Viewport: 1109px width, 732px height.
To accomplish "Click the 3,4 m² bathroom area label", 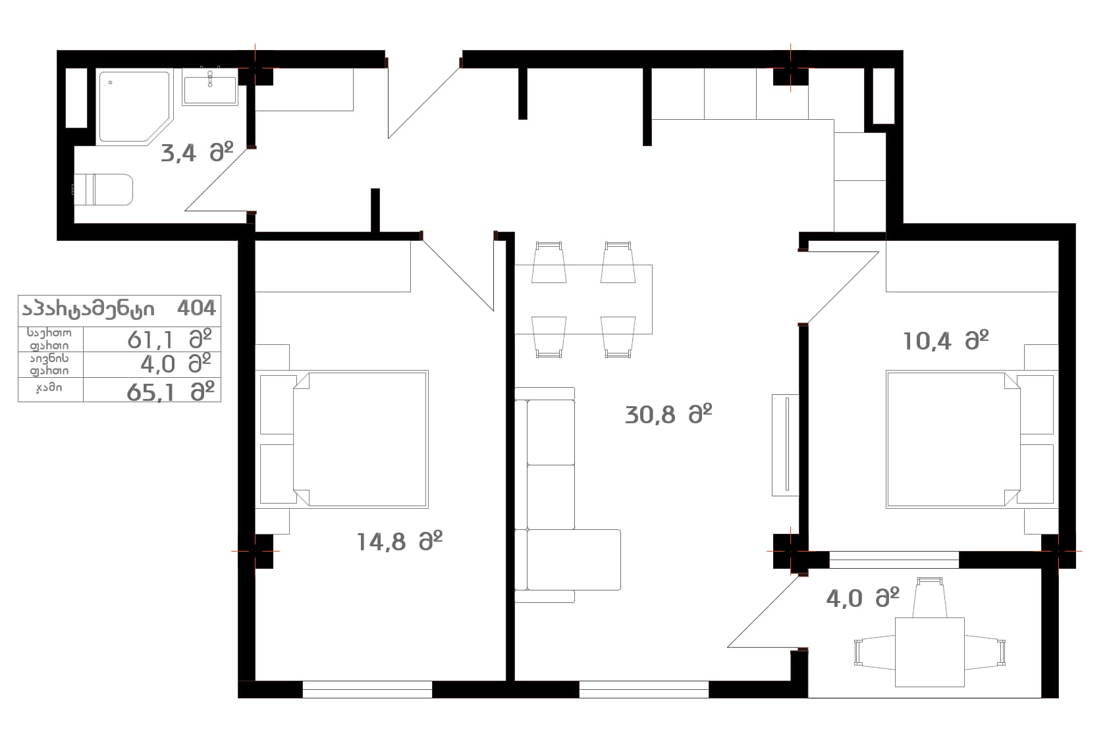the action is click(x=197, y=153).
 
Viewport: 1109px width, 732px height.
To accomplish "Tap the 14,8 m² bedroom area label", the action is click(x=400, y=542).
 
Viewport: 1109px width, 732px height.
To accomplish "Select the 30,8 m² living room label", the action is click(x=668, y=414).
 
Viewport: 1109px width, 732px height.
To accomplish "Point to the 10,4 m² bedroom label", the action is click(x=946, y=340).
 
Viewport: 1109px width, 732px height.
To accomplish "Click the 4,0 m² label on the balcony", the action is click(x=863, y=598).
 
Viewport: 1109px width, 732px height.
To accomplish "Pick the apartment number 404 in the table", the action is click(x=196, y=308).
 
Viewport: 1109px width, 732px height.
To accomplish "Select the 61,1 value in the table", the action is click(x=150, y=340).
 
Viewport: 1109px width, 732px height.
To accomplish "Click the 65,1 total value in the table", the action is click(x=151, y=392).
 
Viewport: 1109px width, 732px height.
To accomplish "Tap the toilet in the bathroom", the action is click(x=103, y=189).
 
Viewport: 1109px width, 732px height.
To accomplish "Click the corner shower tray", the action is click(x=134, y=107).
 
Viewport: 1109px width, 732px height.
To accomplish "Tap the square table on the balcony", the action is click(x=929, y=652).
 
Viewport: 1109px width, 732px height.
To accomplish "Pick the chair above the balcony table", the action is click(x=929, y=597).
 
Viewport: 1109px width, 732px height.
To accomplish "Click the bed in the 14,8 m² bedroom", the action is click(x=342, y=439).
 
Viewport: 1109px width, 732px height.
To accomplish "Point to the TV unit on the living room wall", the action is click(x=785, y=445).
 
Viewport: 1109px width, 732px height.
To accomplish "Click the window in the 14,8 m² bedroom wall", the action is click(x=367, y=689).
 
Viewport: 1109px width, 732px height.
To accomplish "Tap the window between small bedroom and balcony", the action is click(x=894, y=560).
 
